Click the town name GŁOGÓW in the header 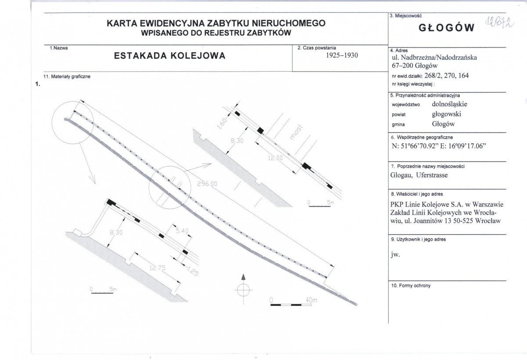coord(446,28)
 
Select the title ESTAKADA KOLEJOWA coord(170,56)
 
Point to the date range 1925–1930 coord(342,55)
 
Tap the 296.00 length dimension coord(207,184)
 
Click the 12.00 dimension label coord(275,158)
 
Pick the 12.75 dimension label coord(157,268)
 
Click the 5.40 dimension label coord(182,231)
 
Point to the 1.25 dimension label coord(193,271)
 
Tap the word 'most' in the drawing coord(296,133)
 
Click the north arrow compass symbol coord(243,289)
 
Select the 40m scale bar coord(291,305)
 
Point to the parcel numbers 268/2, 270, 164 coord(446,76)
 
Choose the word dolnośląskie coord(449,104)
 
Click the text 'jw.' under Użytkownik coord(395,255)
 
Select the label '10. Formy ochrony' coord(411,286)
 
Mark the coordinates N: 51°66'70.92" coord(415,146)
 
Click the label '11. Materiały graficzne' coord(67,76)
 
